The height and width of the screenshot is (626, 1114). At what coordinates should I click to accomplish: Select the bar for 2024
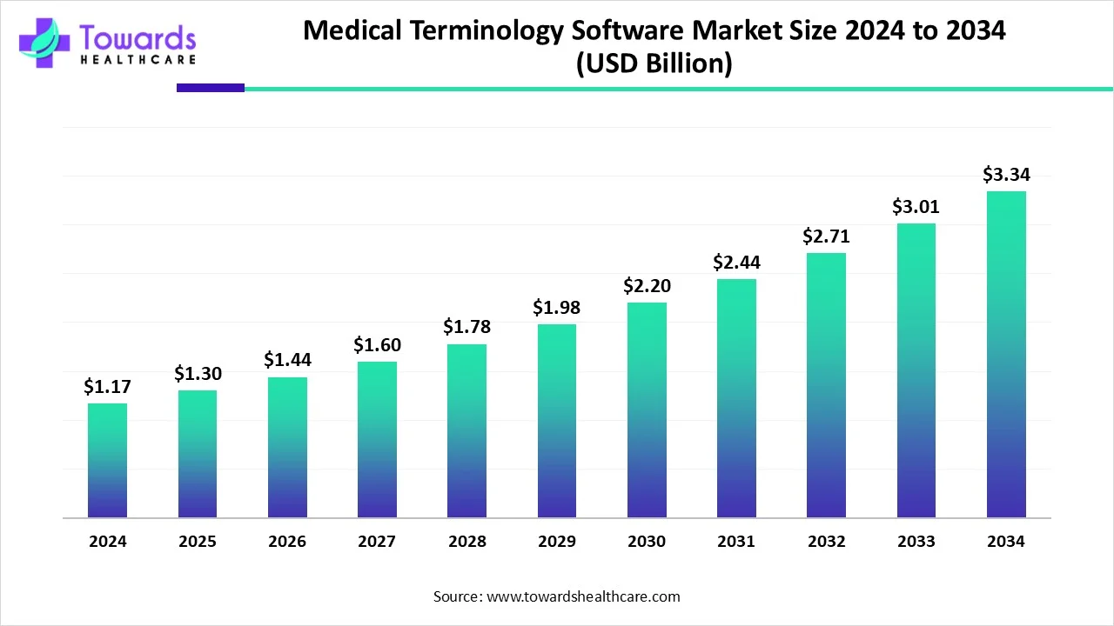107,461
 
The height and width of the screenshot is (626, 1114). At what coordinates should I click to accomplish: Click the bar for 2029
557,421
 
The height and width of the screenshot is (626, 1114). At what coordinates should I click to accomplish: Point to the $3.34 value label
1006,175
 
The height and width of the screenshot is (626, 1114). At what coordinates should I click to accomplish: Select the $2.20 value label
646,285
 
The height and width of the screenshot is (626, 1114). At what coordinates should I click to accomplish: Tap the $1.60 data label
377,345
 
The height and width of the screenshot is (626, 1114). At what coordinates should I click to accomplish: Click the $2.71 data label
826,236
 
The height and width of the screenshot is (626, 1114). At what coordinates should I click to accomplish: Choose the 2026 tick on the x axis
287,542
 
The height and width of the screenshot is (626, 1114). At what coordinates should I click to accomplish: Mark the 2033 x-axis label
916,542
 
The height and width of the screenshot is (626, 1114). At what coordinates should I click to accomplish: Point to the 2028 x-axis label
467,542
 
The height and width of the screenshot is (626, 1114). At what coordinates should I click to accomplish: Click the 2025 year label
198,542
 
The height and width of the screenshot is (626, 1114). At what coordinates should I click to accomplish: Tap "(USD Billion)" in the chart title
654,64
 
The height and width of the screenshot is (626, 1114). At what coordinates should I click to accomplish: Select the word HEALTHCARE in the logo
138,59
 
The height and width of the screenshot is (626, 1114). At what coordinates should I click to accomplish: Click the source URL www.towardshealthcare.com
584,596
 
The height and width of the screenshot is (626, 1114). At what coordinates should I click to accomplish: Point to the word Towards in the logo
138,37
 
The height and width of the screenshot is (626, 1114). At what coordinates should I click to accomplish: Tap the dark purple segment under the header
211,88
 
